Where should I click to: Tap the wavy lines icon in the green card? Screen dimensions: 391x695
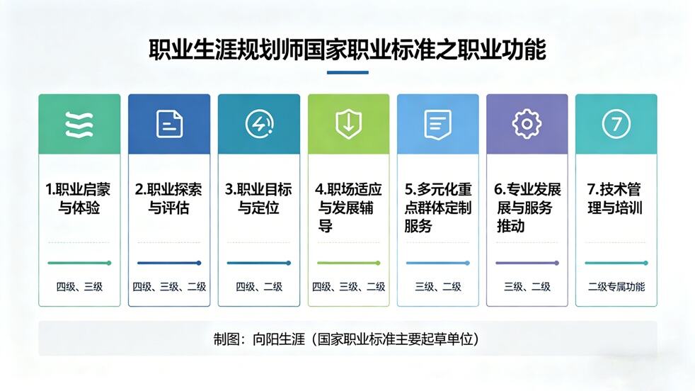[x=79, y=125]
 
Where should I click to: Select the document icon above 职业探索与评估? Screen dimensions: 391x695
[x=169, y=125]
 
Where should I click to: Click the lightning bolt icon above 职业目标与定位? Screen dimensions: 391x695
[x=258, y=125]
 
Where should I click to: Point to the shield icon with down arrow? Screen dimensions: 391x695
[x=348, y=125]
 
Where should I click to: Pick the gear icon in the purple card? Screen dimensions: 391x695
[x=527, y=125]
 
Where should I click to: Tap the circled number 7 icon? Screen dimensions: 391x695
[x=616, y=125]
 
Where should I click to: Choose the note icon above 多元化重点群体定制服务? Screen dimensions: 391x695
[x=437, y=125]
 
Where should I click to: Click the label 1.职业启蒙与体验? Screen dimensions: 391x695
[x=79, y=199]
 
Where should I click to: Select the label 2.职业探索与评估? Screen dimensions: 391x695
[x=169, y=199]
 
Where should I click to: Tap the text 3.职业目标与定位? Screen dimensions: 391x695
[x=258, y=199]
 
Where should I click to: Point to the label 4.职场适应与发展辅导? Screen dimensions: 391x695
[x=348, y=208]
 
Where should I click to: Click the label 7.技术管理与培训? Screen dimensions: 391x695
[x=616, y=199]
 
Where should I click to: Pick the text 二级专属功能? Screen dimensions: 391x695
[x=616, y=287]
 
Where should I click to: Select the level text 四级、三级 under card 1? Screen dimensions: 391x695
[x=79, y=287]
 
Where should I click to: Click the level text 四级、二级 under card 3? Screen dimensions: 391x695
[x=258, y=287]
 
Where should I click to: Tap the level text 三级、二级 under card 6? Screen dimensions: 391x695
[x=527, y=287]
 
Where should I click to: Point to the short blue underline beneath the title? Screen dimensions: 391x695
[x=347, y=72]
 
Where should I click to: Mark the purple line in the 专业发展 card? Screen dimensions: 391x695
[x=527, y=263]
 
